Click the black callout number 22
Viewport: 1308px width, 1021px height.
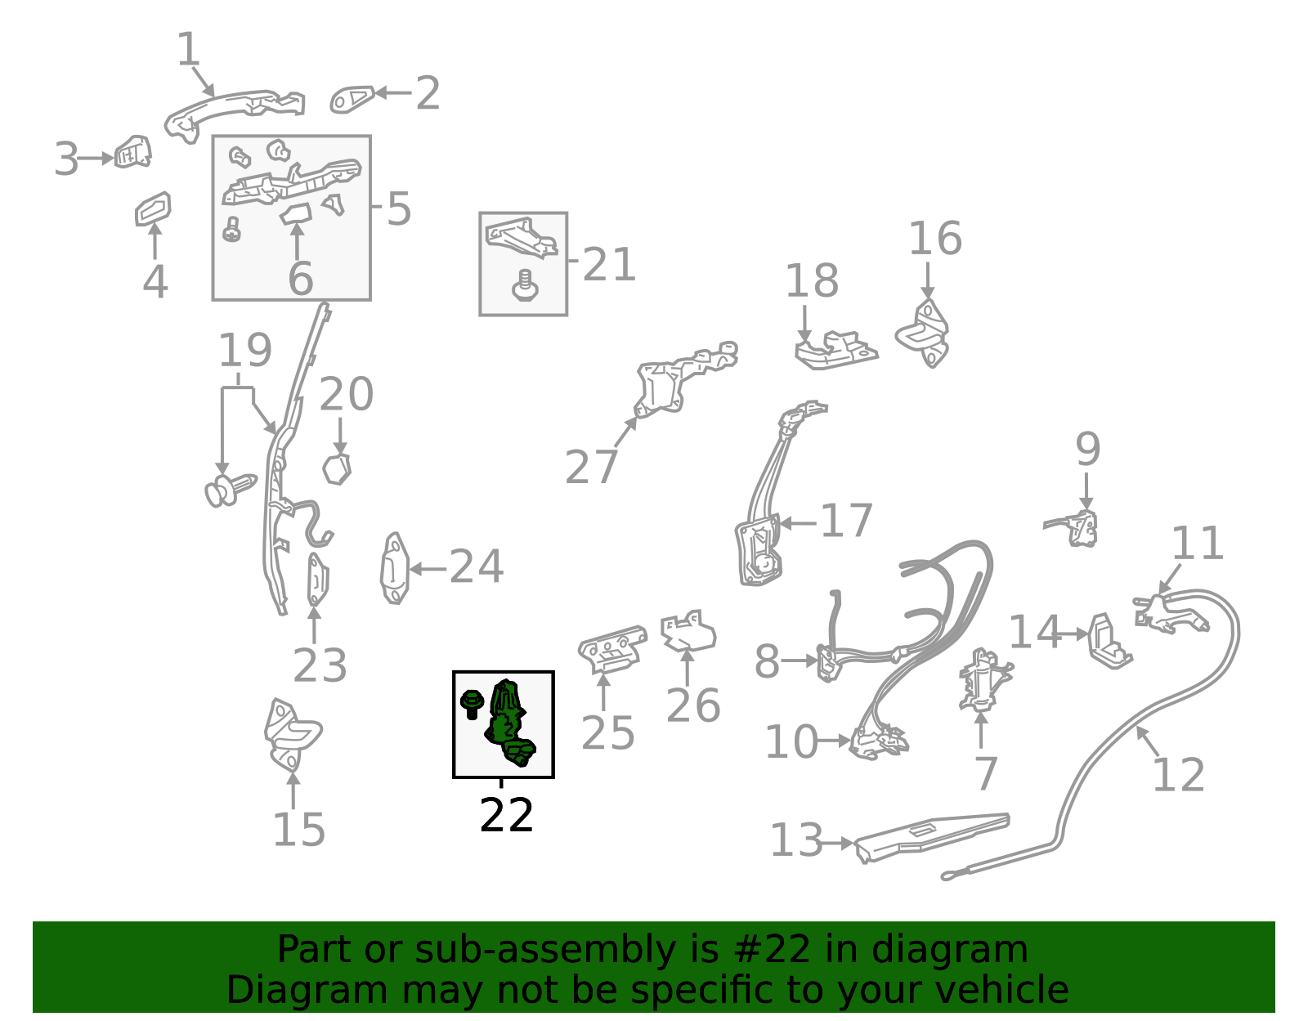[506, 815]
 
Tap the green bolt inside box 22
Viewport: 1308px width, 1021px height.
[472, 704]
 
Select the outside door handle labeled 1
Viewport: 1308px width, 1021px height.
[234, 114]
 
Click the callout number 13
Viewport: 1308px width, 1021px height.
[795, 840]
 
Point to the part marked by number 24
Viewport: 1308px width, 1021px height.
[395, 568]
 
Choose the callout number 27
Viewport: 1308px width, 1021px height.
[591, 468]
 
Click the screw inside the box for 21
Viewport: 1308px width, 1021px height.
[525, 286]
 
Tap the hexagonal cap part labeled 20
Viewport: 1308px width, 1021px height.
[337, 469]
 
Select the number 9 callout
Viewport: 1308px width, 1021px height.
[1088, 450]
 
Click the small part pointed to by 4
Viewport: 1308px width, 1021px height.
[153, 208]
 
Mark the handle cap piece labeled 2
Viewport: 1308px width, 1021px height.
[352, 99]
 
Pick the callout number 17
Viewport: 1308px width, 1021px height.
[846, 521]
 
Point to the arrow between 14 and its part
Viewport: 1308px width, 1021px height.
[1074, 634]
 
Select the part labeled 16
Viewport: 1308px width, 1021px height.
[923, 334]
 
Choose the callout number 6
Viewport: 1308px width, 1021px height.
[300, 279]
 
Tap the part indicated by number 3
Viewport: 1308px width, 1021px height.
[133, 151]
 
